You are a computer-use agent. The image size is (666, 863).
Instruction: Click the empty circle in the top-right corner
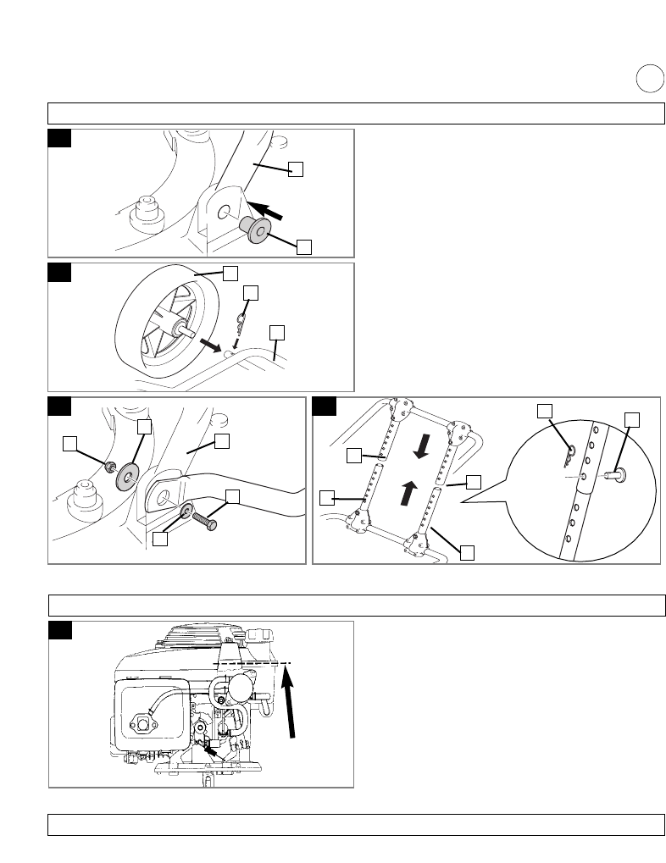coord(649,79)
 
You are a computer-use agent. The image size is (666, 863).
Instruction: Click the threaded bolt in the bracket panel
coord(204,518)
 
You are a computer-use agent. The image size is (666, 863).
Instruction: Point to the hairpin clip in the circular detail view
coord(570,454)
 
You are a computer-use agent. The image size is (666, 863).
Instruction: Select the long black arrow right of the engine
coord(291,702)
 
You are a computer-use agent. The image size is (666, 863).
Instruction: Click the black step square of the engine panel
coord(58,631)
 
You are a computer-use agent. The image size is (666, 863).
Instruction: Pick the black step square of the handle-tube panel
coord(324,407)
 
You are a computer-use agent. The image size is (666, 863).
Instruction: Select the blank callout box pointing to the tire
coord(230,272)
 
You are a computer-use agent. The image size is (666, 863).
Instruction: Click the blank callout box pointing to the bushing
coord(304,246)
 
